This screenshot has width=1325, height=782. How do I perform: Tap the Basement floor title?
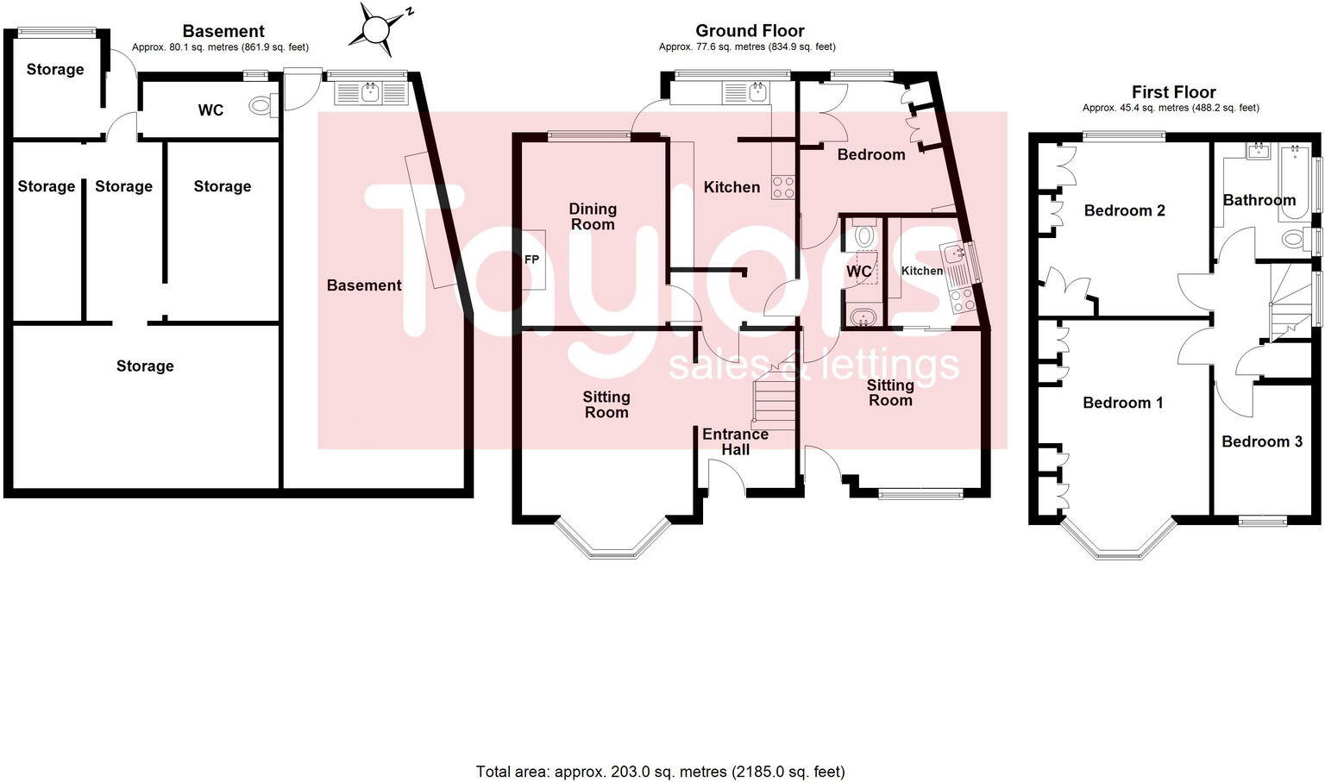(223, 31)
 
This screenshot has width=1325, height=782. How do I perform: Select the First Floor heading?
(1173, 92)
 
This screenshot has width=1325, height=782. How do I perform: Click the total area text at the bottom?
(660, 772)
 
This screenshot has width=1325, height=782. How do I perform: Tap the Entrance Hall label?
(735, 441)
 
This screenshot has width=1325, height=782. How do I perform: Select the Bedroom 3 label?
(1261, 441)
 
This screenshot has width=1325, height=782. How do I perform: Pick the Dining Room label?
(593, 216)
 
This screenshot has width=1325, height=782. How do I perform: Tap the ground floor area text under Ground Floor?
(747, 47)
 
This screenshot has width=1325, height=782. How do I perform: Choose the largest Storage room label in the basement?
(145, 366)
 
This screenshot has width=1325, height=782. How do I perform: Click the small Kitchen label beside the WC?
(922, 271)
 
